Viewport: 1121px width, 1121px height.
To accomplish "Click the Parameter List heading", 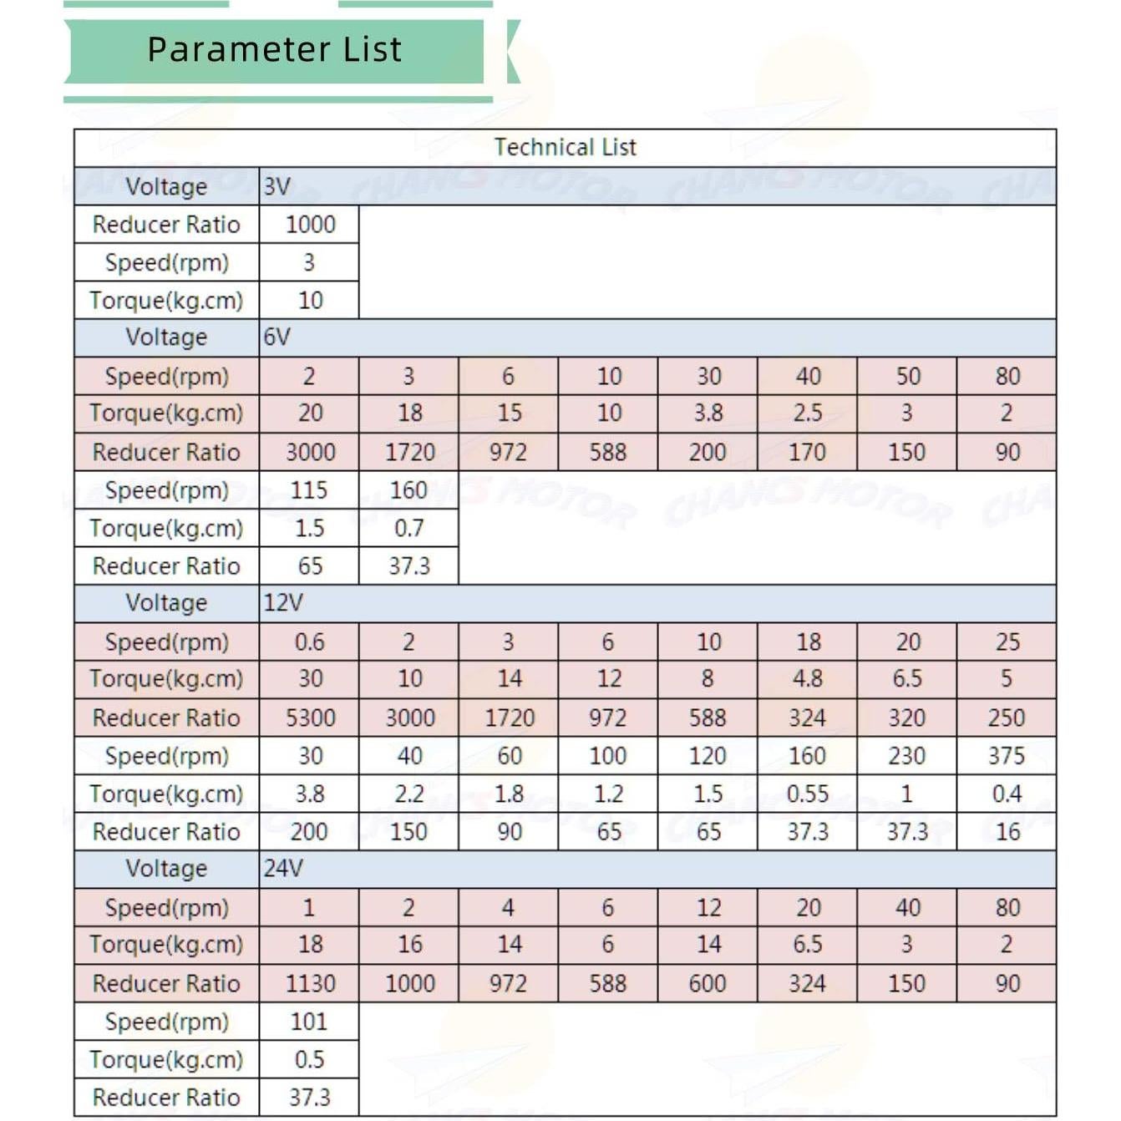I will [x=274, y=49].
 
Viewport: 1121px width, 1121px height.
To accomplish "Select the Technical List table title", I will [x=565, y=148].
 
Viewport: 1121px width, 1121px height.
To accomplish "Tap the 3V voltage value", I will [x=276, y=186].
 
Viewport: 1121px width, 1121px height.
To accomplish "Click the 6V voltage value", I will [x=276, y=337].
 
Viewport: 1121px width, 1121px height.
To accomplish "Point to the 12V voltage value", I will [x=282, y=603].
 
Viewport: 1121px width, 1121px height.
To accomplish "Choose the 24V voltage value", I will [x=282, y=869].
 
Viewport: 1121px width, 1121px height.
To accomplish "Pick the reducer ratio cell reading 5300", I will [x=310, y=718].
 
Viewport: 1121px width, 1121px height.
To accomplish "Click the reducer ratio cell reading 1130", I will [x=310, y=983].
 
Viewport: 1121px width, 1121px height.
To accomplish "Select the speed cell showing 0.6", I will [x=309, y=642].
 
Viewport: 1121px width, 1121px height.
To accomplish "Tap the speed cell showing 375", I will [x=1007, y=756].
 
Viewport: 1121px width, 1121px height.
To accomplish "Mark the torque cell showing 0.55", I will [x=807, y=794].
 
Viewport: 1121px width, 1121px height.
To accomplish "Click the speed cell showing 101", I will [x=309, y=1022].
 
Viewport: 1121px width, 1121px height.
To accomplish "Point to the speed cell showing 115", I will [x=309, y=490].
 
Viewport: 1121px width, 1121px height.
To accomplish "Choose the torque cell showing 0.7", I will [x=408, y=528].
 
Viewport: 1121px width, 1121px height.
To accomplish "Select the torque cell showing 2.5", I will [x=807, y=413].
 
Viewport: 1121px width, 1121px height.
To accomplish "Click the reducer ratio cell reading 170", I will [x=807, y=452].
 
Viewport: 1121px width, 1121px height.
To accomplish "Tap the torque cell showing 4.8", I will [x=807, y=679].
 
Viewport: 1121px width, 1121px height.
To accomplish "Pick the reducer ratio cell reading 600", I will [x=708, y=983].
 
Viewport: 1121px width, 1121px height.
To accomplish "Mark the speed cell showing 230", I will [x=906, y=756].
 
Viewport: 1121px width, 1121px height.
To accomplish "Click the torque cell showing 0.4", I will [x=1007, y=794].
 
